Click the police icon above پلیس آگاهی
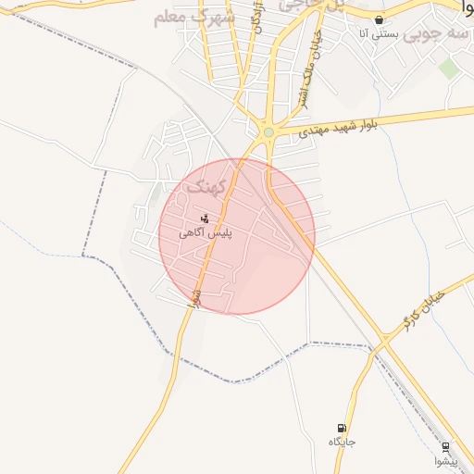point(204,218)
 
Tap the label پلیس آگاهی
point(206,233)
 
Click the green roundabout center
point(268,133)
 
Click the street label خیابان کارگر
point(427,309)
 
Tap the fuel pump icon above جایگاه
point(343,428)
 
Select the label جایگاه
point(342,443)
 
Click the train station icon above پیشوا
point(446,446)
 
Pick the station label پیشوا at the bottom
point(445,461)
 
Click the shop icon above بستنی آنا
point(379,19)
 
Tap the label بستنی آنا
point(378,34)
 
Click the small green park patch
point(449,68)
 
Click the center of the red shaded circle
point(237,236)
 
